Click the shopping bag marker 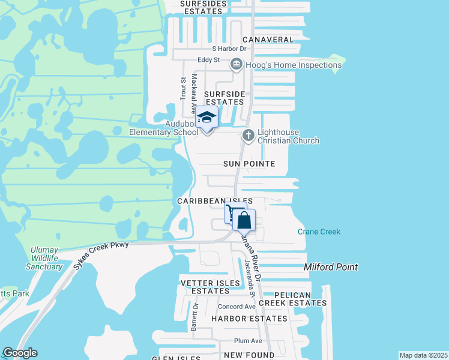[244, 220]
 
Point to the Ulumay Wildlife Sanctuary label [45, 258]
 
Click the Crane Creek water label [319, 232]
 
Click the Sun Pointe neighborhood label [249, 164]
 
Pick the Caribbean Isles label [214, 201]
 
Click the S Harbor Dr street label [229, 49]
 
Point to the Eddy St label [209, 61]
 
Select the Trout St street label [183, 88]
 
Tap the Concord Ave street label [237, 307]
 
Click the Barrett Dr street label [194, 316]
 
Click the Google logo [20, 353]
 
